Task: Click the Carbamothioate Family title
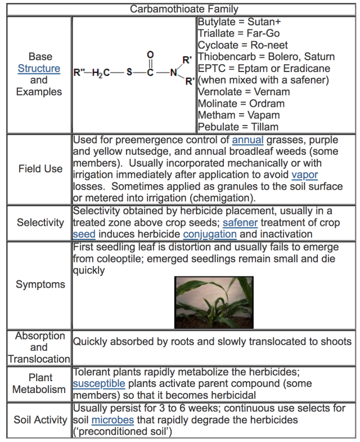pyautogui.click(x=184, y=9)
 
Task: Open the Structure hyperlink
pyautogui.click(x=39, y=69)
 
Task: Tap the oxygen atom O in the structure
pyautogui.click(x=150, y=55)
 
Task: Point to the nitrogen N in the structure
pyautogui.click(x=174, y=73)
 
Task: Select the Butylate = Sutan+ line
pyautogui.click(x=239, y=23)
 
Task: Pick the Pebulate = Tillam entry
pyautogui.click(x=238, y=127)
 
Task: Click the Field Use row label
pyautogui.click(x=40, y=168)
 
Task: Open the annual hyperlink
pyautogui.click(x=247, y=140)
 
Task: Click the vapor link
pyautogui.click(x=305, y=175)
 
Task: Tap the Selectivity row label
pyautogui.click(x=40, y=222)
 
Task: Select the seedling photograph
pyautogui.click(x=210, y=302)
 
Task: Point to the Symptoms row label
pyautogui.click(x=40, y=284)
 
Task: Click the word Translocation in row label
pyautogui.click(x=39, y=359)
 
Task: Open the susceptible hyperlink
pyautogui.click(x=99, y=383)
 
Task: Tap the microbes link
pyautogui.click(x=111, y=420)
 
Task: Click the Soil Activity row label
pyautogui.click(x=40, y=420)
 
